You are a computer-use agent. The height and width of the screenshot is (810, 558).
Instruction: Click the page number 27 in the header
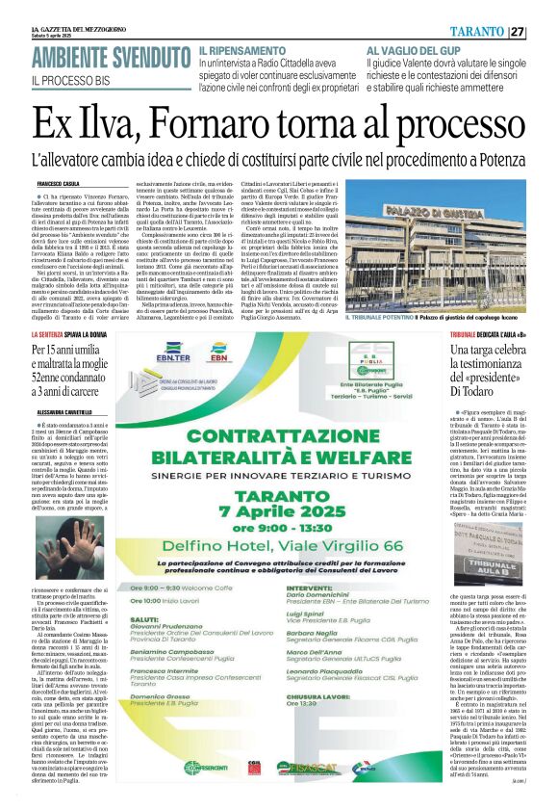click(545, 31)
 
